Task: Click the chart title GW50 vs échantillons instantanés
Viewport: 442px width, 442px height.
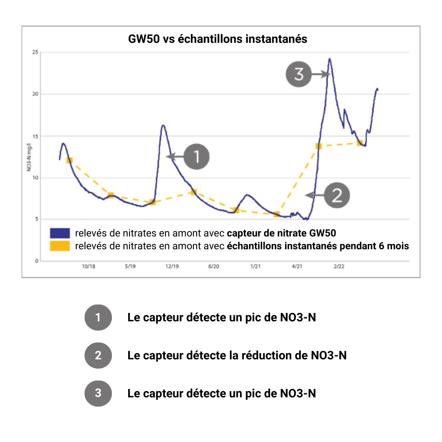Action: pyautogui.click(x=217, y=39)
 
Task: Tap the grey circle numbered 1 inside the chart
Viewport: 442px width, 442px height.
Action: pyautogui.click(x=196, y=156)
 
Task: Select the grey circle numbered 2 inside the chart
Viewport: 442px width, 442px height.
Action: pyautogui.click(x=337, y=195)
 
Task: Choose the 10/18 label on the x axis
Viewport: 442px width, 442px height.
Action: pyautogui.click(x=88, y=267)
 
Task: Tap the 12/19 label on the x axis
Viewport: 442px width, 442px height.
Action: pyautogui.click(x=172, y=267)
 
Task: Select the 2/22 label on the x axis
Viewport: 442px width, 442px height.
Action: pyautogui.click(x=339, y=267)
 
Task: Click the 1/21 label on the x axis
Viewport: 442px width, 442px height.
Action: pyautogui.click(x=255, y=267)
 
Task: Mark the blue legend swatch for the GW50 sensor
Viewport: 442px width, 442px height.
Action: pyautogui.click(x=60, y=232)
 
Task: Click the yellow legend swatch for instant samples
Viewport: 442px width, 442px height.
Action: pyautogui.click(x=60, y=246)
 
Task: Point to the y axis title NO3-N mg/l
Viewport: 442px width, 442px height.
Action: pyautogui.click(x=28, y=157)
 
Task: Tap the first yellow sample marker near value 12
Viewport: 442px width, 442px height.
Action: pyautogui.click(x=69, y=160)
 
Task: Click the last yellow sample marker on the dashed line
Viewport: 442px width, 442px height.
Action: pyautogui.click(x=360, y=143)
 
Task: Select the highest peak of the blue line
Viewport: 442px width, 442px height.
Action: pyautogui.click(x=329, y=59)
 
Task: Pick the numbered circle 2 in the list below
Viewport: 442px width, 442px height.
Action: pyautogui.click(x=98, y=355)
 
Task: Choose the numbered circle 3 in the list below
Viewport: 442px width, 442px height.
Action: pyautogui.click(x=98, y=393)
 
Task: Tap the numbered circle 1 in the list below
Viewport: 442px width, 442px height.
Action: pyautogui.click(x=98, y=317)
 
